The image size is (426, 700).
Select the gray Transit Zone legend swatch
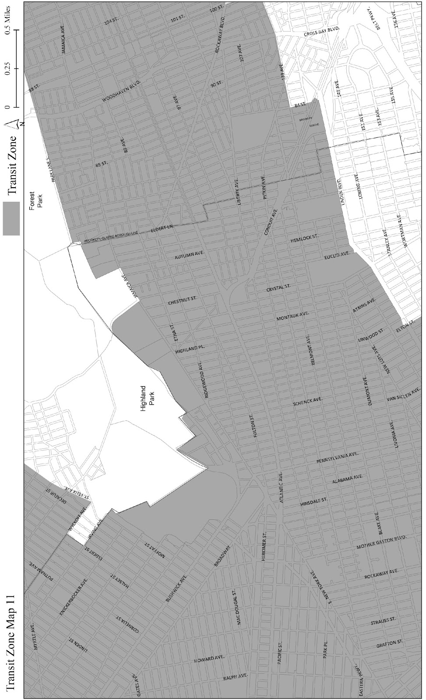[x=11, y=218]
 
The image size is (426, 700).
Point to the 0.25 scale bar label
[x=6, y=69]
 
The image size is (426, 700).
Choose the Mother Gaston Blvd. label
[x=381, y=543]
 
